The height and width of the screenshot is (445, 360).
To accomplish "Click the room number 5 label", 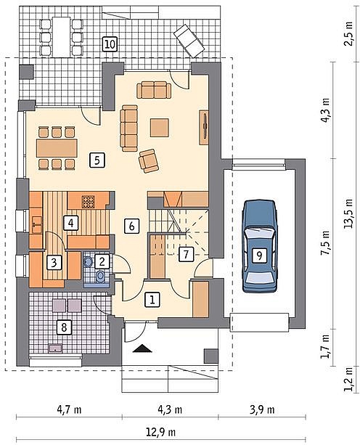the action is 97,160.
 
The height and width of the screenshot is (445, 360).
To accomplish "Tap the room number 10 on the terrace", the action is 110,44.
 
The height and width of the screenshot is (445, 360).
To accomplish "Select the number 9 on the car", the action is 259,256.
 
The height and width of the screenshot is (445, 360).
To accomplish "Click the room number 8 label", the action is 64,327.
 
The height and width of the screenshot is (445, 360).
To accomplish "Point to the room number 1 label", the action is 152,300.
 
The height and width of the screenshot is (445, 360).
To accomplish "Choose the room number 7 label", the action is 186,254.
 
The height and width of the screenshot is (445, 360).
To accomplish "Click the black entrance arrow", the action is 142,348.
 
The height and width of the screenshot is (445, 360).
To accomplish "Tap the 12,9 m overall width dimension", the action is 160,433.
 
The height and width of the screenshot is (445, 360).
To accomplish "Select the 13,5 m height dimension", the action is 348,213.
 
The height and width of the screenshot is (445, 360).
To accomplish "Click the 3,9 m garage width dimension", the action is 262,410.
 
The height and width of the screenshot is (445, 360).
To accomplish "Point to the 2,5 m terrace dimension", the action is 348,33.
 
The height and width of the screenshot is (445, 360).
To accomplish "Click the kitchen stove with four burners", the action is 88,202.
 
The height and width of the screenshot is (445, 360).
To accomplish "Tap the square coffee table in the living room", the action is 160,128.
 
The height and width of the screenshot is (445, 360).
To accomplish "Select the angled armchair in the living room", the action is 148,160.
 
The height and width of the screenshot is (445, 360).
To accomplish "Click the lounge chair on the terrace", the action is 189,41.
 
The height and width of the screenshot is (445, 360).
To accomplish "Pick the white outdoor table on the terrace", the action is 61,36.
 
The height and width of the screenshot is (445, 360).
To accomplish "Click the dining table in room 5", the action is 57,147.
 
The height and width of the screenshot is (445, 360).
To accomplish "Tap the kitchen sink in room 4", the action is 36,225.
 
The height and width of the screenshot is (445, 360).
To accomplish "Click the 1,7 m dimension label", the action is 325,346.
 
